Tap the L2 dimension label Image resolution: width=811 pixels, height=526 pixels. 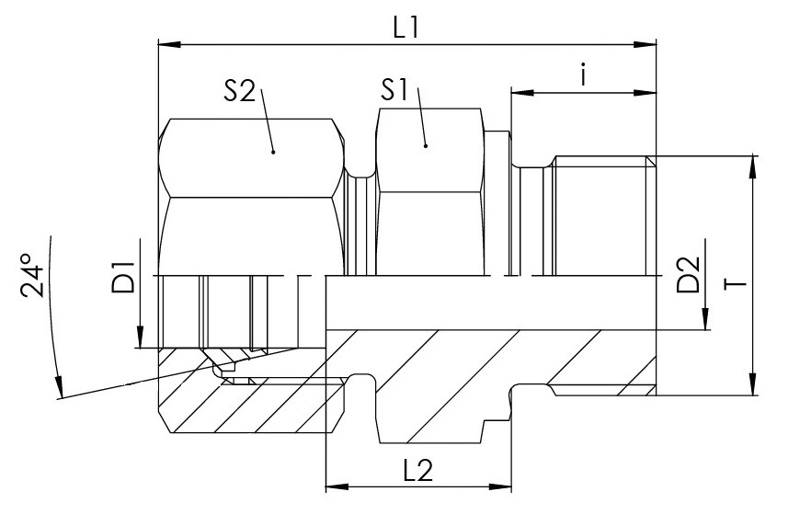pos(417,470)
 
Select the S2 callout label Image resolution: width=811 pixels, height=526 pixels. pos(239,91)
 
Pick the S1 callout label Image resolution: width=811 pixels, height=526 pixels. pos(394,90)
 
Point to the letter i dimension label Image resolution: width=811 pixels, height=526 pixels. pos(583,74)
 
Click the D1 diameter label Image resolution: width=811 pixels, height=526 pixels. pos(123,278)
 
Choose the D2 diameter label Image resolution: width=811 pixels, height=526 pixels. pos(688,275)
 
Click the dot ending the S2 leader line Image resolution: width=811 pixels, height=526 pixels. pos(274,152)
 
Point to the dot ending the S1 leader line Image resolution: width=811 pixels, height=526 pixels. pos(426,146)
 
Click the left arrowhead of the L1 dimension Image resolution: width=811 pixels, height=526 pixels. pos(169,45)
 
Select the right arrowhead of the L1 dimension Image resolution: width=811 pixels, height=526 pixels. pos(645,45)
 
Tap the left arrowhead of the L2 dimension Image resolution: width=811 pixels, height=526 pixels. pos(337,486)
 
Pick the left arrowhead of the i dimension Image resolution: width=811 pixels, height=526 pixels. pos(522,93)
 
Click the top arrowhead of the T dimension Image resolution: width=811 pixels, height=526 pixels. pos(751,167)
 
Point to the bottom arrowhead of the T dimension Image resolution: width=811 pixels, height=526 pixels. pos(751,383)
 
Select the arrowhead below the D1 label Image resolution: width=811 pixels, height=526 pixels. pos(140,337)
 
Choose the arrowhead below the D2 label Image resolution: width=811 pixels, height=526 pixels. pos(705,318)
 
